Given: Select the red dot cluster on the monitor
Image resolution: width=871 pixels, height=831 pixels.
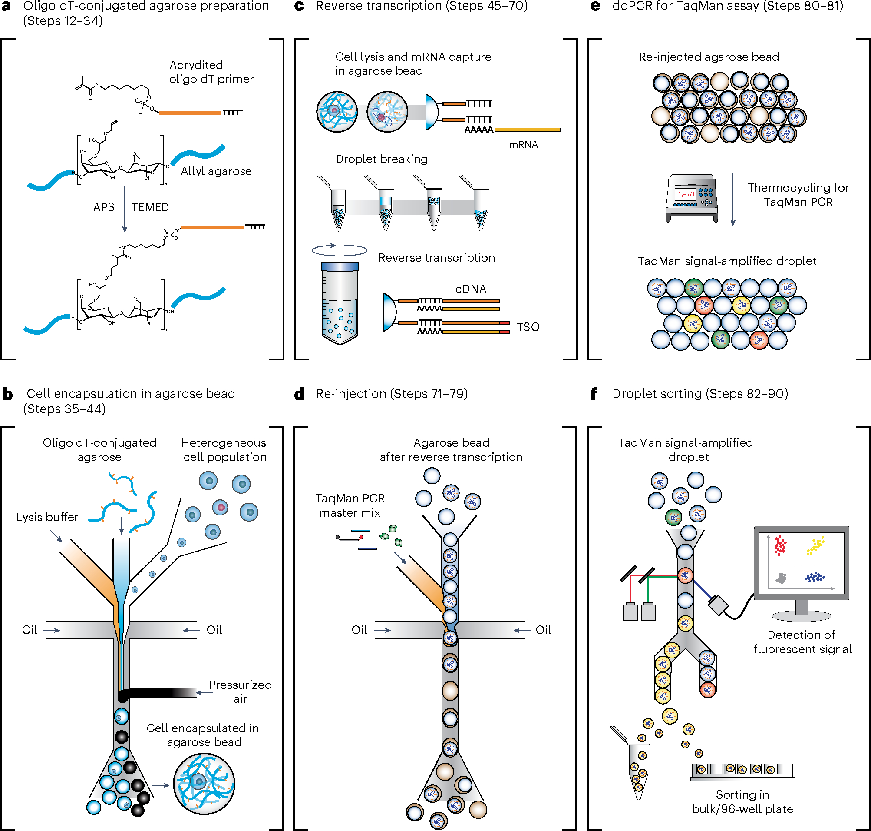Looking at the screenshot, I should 780,545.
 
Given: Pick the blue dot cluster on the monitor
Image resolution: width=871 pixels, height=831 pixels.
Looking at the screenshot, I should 815,577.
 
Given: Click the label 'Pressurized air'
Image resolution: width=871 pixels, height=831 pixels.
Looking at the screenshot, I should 240,691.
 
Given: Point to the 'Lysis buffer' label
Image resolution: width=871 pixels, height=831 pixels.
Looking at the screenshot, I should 47,517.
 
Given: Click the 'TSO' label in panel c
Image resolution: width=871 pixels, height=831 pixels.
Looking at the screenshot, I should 528,327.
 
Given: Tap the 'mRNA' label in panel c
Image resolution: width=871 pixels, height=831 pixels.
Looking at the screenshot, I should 523,145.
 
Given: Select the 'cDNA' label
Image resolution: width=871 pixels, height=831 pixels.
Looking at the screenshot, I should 471,289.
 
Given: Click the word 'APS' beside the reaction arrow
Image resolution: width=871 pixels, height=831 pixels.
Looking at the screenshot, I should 104,207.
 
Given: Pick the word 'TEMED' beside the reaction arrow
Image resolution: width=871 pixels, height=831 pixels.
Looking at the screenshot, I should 150,207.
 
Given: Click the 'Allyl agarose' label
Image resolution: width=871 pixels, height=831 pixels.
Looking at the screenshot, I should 216,171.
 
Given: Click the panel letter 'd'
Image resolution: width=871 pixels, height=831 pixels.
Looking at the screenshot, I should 300,394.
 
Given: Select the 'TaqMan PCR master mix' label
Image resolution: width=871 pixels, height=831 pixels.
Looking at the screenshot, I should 350,505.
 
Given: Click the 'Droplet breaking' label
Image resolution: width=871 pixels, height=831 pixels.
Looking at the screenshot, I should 382,159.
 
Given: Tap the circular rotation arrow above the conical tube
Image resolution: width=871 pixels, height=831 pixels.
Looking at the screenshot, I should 340,250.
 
